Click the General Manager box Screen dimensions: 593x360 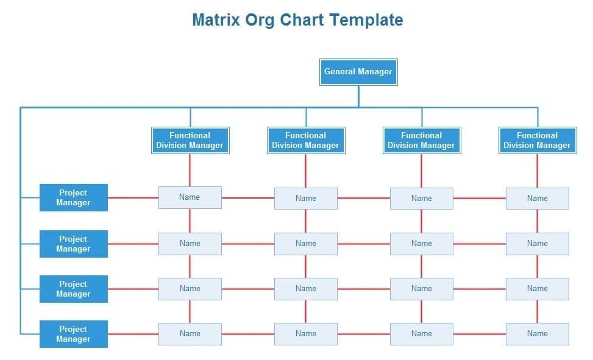point(358,72)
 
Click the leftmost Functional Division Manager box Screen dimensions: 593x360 point(190,140)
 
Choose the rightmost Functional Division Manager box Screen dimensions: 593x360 point(538,140)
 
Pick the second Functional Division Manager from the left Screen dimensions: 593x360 point(306,140)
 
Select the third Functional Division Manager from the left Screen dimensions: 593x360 point(422,140)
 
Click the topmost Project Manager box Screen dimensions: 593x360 point(74,198)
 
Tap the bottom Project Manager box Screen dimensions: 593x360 point(74,334)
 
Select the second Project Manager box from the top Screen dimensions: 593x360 point(74,244)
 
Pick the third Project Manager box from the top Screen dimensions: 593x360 point(74,289)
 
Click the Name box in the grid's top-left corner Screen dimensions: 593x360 point(190,197)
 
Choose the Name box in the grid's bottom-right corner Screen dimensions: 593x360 point(538,334)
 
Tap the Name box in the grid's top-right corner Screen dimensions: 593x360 point(538,199)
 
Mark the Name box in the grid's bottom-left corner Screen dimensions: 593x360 point(190,334)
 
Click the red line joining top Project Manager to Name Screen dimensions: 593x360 point(133,198)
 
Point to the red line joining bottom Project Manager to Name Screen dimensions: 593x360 point(133,334)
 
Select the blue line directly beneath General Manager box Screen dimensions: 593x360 point(358,96)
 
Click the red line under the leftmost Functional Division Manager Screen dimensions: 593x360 point(190,170)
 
